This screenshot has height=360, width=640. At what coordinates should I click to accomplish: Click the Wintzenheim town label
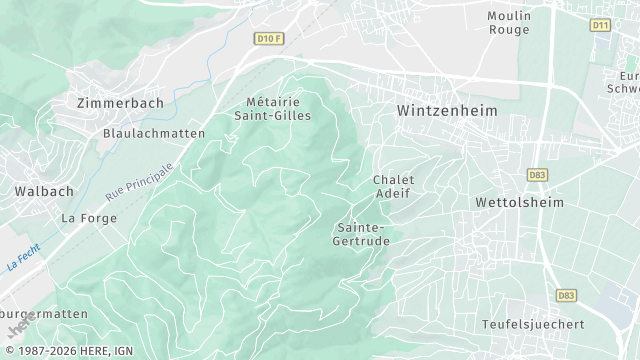point(447,110)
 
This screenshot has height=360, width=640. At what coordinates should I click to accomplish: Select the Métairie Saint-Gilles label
point(279,109)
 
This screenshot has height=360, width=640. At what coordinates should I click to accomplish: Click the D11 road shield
point(600,24)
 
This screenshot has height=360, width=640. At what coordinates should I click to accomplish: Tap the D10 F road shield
point(268,38)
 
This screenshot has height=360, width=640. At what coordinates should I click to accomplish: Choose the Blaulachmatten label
point(154,133)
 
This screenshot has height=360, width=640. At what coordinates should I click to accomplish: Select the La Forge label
point(83,217)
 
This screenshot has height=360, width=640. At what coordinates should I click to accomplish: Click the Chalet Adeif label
point(393,187)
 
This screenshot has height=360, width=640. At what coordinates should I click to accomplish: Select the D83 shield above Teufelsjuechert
point(567,296)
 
